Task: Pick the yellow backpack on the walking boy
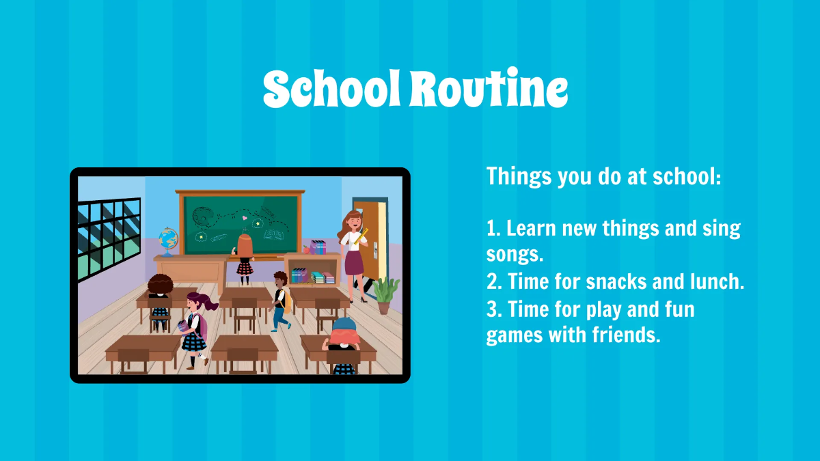tap(286, 301)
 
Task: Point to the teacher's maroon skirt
tap(354, 263)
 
